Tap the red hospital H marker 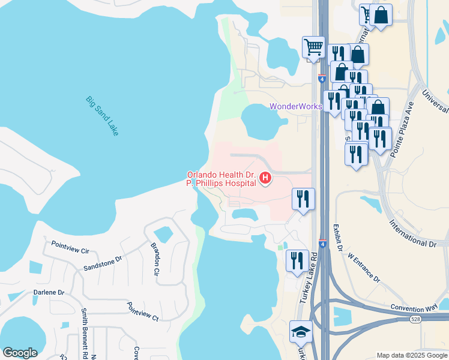(265, 178)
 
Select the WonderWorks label (296, 106)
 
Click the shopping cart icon (313, 47)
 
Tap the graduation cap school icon (301, 332)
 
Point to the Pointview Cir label (70, 248)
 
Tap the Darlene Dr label (49, 292)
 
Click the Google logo (20, 353)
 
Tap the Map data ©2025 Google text (411, 355)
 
